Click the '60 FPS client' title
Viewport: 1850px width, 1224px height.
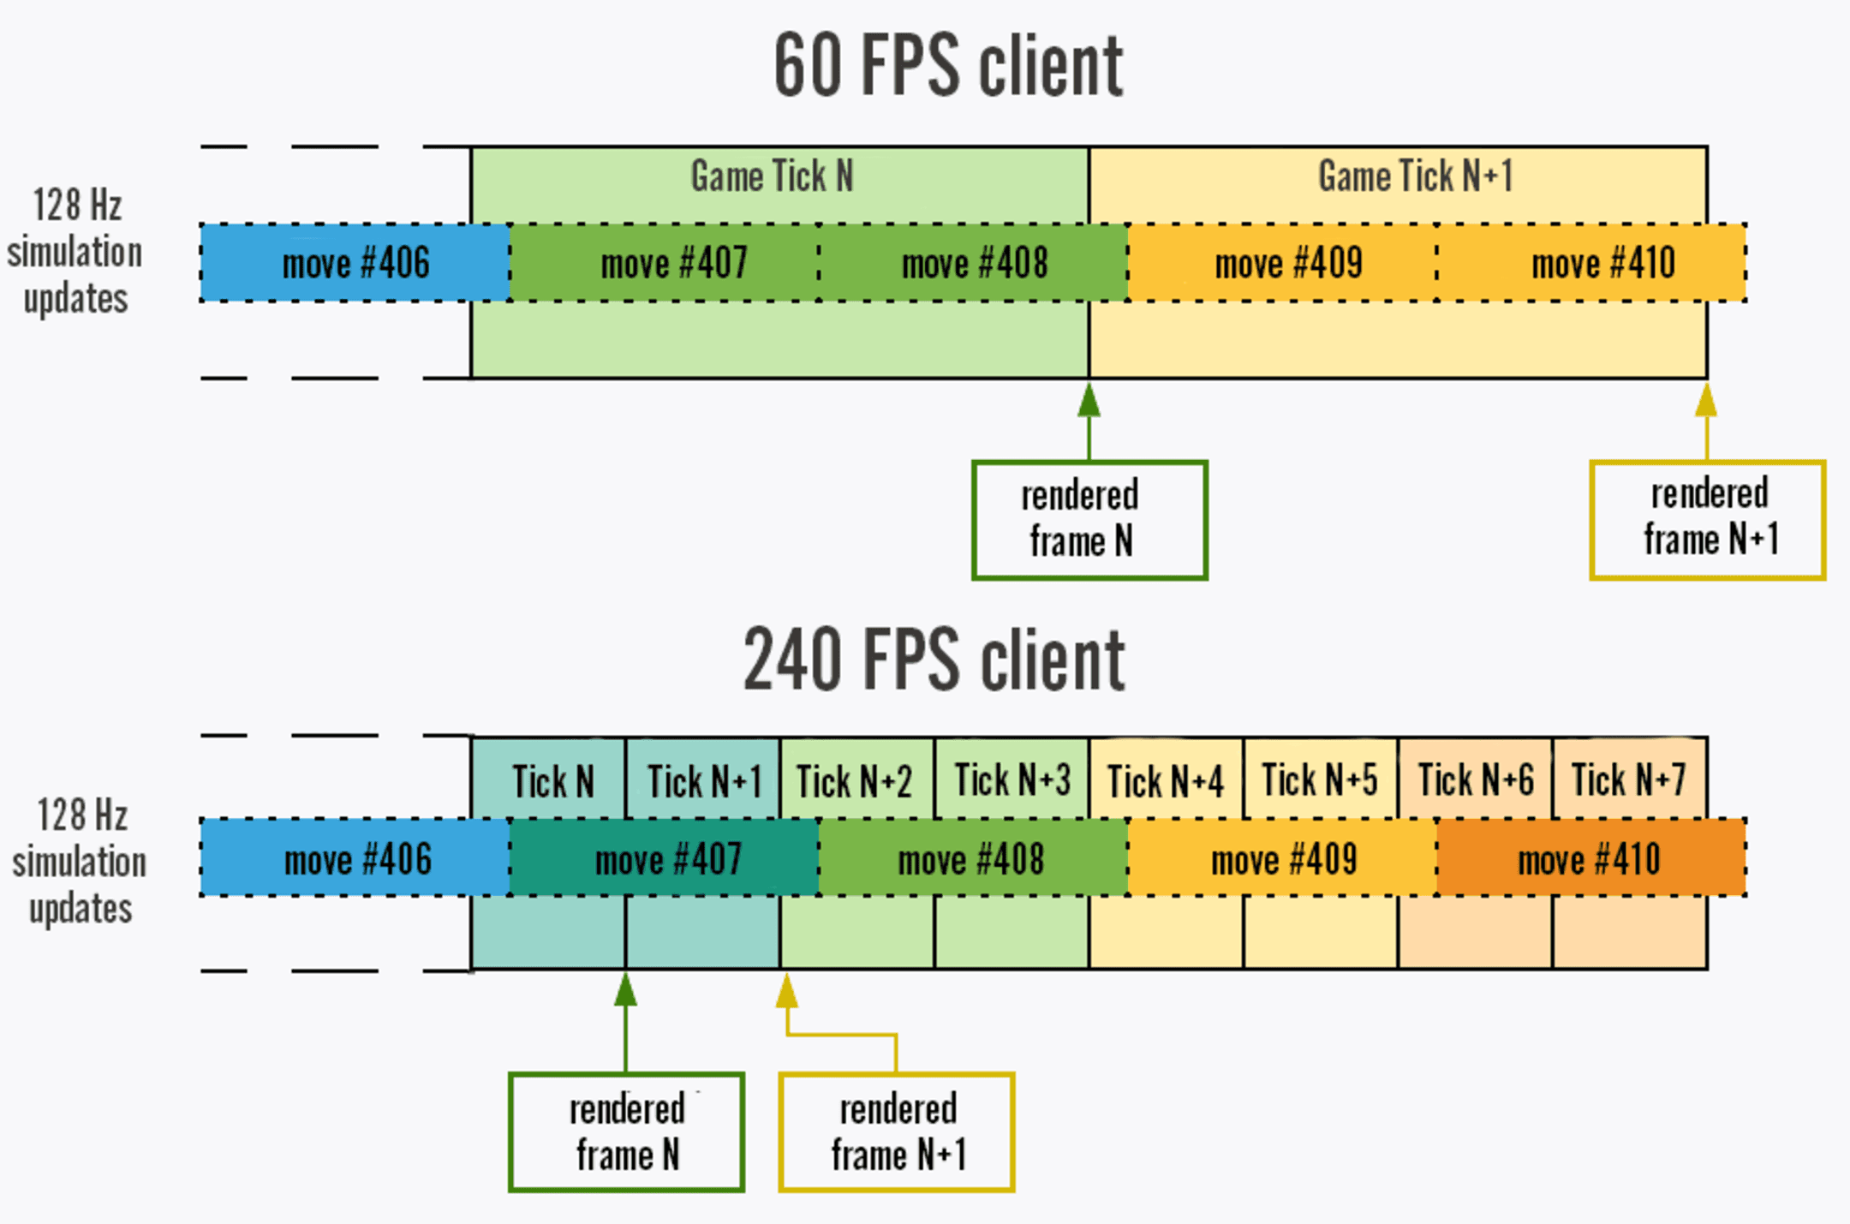point(948,65)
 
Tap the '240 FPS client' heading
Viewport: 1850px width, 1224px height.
point(934,659)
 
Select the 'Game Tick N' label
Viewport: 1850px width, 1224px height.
point(772,176)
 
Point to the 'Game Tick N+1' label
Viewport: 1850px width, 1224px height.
point(1415,176)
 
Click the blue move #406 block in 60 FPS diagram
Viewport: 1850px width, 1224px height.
point(355,263)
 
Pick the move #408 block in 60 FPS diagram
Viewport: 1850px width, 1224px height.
point(974,263)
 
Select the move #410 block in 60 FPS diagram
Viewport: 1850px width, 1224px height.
point(1602,263)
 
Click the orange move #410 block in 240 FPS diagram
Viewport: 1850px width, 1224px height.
point(1590,859)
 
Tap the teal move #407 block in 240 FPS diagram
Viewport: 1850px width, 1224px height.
point(666,859)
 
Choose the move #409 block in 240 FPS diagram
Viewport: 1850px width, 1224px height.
point(1283,859)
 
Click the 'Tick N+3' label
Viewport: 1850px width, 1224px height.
point(1012,780)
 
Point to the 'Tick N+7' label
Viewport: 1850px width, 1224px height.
point(1628,780)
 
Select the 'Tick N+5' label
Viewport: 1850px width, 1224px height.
point(1320,780)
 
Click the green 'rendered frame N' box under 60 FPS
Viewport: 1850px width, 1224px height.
point(1089,520)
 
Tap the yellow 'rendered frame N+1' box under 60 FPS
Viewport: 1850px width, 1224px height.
point(1707,520)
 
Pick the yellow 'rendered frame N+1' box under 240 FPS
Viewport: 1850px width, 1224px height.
point(897,1131)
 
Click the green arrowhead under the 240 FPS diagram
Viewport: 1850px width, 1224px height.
point(626,991)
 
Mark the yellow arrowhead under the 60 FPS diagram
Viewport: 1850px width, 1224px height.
point(1706,401)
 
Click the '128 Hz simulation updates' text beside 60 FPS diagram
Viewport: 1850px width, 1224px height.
point(75,252)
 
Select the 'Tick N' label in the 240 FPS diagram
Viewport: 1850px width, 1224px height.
point(552,781)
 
